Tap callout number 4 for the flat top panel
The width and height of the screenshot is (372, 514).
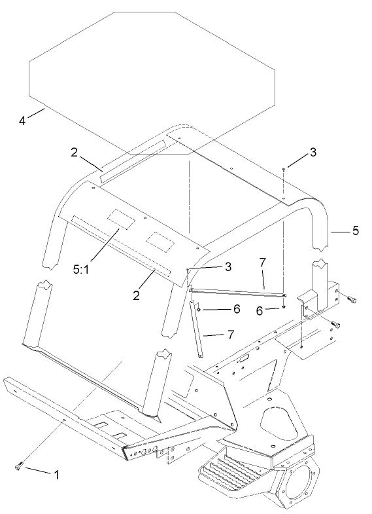(22, 120)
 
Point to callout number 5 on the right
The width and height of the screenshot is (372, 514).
(355, 230)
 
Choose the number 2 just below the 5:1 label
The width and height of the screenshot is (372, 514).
(137, 295)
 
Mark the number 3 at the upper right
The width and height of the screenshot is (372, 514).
(313, 152)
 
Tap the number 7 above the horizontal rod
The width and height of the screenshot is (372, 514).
(262, 263)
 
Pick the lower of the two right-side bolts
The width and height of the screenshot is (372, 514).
(336, 324)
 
